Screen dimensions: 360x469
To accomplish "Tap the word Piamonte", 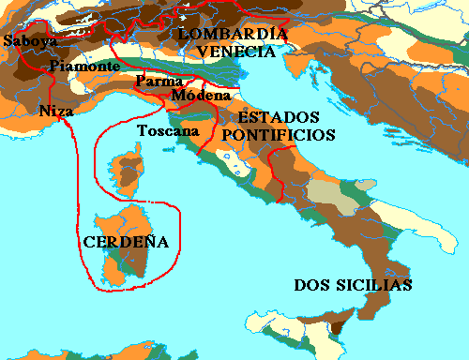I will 84,66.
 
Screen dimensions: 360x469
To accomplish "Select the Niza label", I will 55,111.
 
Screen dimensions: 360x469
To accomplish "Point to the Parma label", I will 152,80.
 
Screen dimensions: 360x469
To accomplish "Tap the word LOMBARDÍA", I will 231,35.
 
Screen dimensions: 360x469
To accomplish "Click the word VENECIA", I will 237,52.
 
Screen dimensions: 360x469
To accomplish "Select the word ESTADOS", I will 278,118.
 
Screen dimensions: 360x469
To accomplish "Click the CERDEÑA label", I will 126,242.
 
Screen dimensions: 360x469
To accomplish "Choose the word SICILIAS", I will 375,285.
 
